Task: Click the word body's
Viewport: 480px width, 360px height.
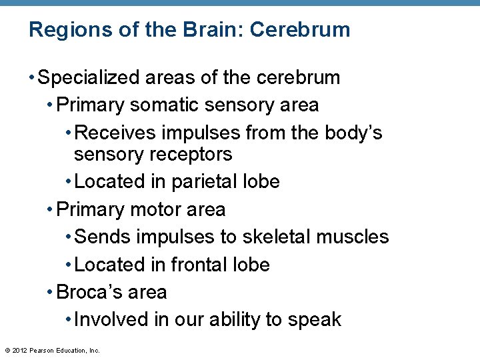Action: click(x=353, y=133)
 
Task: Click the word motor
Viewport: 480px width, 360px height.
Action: click(x=157, y=209)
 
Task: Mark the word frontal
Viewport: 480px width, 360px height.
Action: click(x=199, y=265)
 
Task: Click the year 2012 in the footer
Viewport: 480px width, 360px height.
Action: click(x=19, y=350)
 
